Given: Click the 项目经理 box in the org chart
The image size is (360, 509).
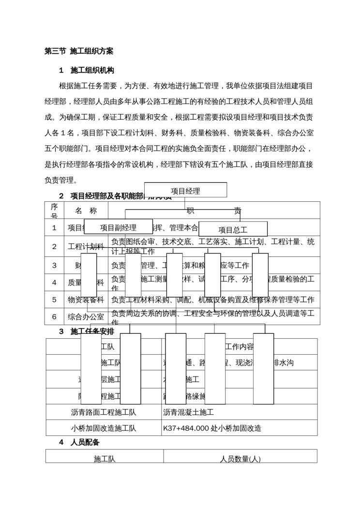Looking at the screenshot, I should tap(185, 190).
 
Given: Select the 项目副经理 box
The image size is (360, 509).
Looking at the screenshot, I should tap(118, 227).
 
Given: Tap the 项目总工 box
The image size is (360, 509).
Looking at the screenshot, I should tap(233, 229).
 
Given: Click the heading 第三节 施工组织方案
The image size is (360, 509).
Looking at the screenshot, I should tap(79, 51).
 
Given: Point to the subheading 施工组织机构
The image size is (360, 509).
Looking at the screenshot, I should tap(92, 70).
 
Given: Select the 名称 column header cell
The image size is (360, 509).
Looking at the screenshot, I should tap(86, 210).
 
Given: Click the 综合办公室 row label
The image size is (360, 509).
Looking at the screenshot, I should tap(86, 317).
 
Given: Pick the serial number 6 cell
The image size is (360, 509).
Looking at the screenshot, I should tap(54, 317).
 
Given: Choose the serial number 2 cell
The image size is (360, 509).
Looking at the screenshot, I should tap(54, 246).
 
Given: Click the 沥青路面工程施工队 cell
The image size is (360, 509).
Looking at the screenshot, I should tap(104, 412).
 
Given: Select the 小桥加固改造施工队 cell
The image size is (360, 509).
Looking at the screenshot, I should tap(104, 428).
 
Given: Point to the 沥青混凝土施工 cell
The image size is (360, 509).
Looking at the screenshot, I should tap(188, 412).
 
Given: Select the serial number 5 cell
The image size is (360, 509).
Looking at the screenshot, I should tap(54, 299).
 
